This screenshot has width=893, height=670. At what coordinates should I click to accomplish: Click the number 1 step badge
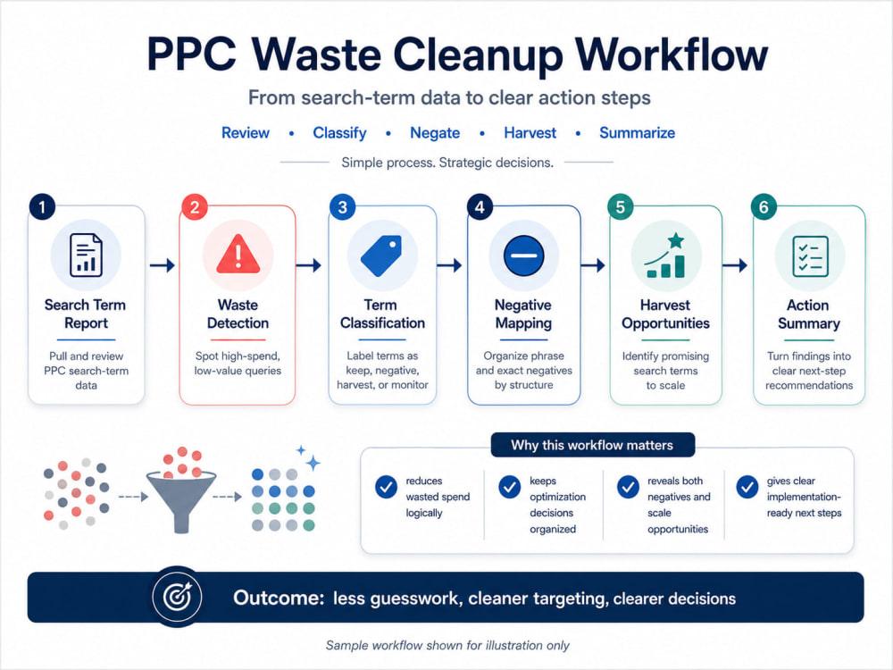point(42,207)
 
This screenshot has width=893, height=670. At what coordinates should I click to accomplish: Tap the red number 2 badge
point(194,207)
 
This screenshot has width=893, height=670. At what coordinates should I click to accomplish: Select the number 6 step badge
point(764,207)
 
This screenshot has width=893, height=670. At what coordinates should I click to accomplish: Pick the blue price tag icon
point(381,255)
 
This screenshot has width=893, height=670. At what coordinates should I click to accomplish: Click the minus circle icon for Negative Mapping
point(524,255)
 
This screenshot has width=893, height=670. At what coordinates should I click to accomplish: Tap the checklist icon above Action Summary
point(810,256)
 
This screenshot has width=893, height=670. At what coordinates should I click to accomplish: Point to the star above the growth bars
point(676,240)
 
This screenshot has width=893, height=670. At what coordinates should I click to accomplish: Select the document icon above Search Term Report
point(86,255)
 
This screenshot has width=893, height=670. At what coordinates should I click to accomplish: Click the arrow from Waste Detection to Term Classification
point(309,265)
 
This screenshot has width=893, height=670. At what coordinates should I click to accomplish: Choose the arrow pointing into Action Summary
point(735,265)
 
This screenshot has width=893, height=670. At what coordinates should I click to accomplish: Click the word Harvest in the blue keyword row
point(530,133)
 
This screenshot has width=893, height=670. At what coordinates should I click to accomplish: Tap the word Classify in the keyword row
point(339,133)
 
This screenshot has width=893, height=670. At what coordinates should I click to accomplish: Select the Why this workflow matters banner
point(592,445)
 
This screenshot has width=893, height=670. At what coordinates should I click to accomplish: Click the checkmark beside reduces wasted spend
point(386,487)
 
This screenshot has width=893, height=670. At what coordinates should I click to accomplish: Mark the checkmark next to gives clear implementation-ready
point(747,487)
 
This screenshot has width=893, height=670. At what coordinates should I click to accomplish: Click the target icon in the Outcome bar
point(178,597)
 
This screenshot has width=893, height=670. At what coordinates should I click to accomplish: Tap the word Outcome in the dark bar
point(279,599)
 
